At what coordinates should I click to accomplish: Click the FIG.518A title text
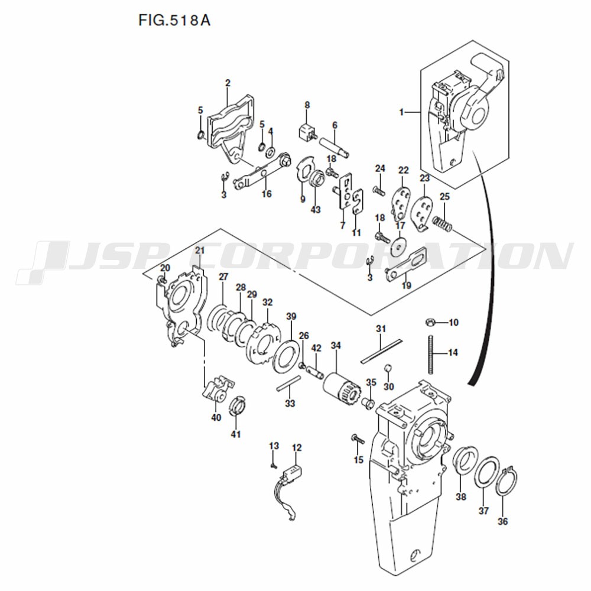(174, 20)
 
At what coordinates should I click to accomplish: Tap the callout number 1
(402, 112)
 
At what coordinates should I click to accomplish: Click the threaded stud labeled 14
(430, 354)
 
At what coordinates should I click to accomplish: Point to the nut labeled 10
(430, 322)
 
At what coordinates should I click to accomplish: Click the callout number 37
(483, 511)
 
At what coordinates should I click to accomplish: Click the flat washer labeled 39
(287, 356)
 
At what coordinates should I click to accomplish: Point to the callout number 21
(200, 251)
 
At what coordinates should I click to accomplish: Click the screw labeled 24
(379, 191)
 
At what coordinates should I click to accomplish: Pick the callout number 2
(228, 83)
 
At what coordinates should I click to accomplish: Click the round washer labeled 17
(398, 246)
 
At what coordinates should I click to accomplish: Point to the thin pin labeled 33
(289, 384)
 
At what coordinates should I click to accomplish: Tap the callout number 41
(236, 434)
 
